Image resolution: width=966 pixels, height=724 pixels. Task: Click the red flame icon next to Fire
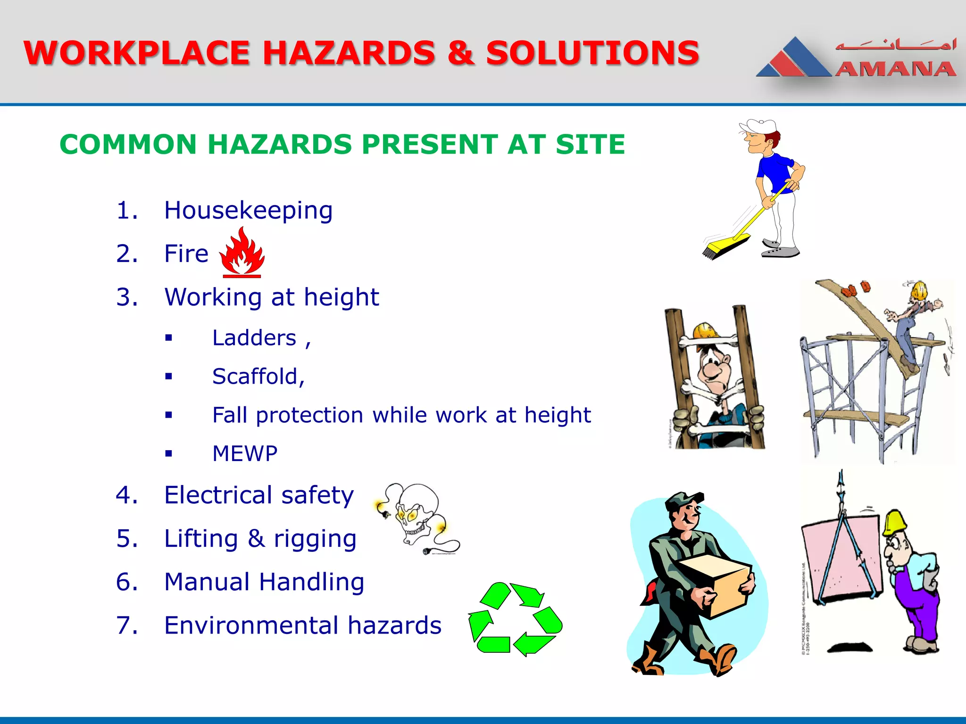[x=242, y=253]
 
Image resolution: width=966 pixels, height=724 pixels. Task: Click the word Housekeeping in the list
[x=248, y=210]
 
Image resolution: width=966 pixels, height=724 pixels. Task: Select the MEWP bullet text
[x=245, y=453]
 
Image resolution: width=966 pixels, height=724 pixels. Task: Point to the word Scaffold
[x=257, y=376]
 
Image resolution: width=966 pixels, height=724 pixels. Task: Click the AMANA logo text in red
[x=895, y=69]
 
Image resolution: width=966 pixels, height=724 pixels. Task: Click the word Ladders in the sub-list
[x=254, y=337]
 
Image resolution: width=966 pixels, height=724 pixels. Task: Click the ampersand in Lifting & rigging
[x=256, y=538]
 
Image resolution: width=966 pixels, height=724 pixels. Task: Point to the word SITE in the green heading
[x=590, y=144]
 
